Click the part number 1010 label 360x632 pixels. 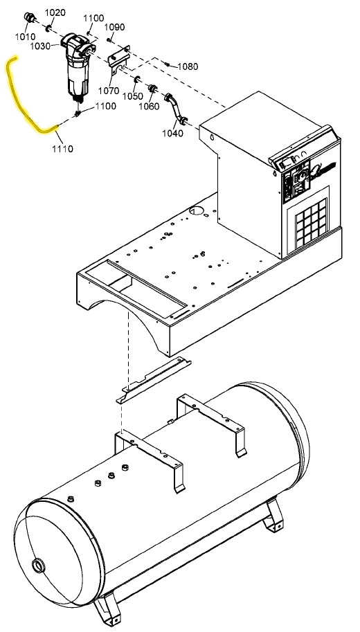point(25,37)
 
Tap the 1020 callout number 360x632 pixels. point(55,12)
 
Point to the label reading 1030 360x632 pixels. point(40,46)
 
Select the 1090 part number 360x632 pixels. point(114,27)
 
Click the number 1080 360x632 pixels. point(188,66)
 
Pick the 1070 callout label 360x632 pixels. point(109,91)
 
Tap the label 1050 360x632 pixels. point(133,96)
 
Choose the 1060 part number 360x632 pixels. point(149,107)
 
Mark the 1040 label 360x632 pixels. point(172,134)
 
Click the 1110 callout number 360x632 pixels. point(62,149)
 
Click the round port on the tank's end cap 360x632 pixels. point(39,566)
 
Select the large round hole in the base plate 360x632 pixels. point(197,211)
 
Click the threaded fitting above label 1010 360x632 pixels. point(30,18)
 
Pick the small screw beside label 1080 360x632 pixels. point(166,64)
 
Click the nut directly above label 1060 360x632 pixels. point(153,89)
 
